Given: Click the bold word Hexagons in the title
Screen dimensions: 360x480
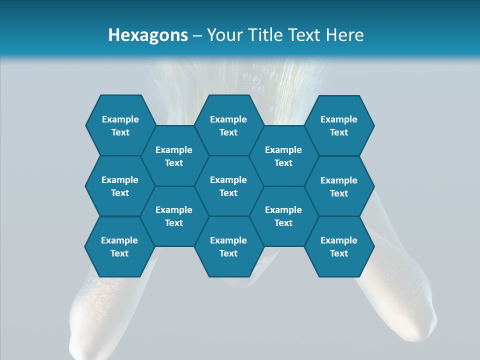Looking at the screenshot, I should click(148, 35).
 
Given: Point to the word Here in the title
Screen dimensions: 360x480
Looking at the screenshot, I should click(344, 35).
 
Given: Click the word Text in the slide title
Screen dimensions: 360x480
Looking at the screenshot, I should click(306, 35).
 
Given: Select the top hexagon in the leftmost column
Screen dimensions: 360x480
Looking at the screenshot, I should click(120, 125).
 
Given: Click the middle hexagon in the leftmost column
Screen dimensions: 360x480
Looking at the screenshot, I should click(120, 186).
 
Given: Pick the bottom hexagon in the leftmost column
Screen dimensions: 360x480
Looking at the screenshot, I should click(119, 246).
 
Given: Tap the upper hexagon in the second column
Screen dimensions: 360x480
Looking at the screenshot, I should click(174, 156).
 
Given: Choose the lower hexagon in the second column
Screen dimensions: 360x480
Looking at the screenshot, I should click(174, 216).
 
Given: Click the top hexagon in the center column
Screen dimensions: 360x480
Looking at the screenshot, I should click(228, 125).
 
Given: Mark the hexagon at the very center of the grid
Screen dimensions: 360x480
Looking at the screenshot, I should click(228, 186).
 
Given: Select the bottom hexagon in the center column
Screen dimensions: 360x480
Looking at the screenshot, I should click(228, 246).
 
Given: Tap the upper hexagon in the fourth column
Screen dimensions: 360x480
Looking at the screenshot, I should click(283, 156).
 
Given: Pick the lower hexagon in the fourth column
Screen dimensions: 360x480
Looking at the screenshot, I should click(283, 216).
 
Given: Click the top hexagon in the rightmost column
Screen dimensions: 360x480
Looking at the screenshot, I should click(339, 125).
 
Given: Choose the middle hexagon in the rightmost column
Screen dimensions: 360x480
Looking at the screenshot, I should click(339, 186).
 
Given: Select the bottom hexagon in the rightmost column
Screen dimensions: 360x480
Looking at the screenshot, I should click(339, 246).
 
